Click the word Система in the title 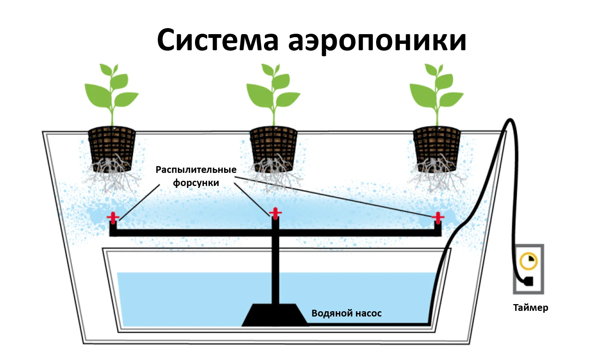click(x=218, y=40)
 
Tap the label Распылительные click(x=196, y=170)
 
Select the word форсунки click(x=196, y=183)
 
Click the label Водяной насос click(x=346, y=313)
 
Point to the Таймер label click(x=531, y=308)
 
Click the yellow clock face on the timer click(x=528, y=261)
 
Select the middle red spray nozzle click(x=275, y=213)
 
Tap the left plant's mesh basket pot click(x=112, y=148)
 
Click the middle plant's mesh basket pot click(x=273, y=148)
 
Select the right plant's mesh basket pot click(x=437, y=148)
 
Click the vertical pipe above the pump click(x=275, y=261)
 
